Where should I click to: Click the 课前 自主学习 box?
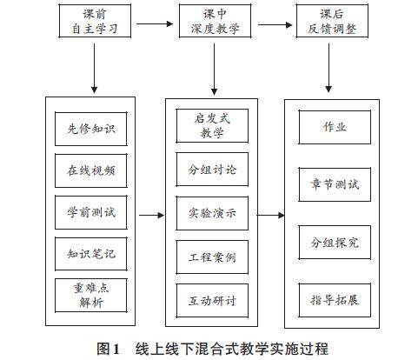pyautogui.click(x=95, y=21)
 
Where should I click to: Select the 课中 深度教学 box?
pyautogui.click(x=215, y=21)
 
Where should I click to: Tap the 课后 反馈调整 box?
pyautogui.click(x=332, y=21)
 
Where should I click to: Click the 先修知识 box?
pyautogui.click(x=91, y=129)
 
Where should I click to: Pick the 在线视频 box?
pyautogui.click(x=91, y=170)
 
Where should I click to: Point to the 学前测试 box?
pyautogui.click(x=91, y=212)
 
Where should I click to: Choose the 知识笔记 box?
pyautogui.click(x=91, y=254)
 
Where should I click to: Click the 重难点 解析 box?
pyautogui.click(x=91, y=296)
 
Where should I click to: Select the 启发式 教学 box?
pyautogui.click(x=212, y=126)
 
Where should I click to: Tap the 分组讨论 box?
pyautogui.click(x=212, y=170)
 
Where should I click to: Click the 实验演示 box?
pyautogui.click(x=212, y=213)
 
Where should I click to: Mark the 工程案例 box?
pyautogui.click(x=212, y=257)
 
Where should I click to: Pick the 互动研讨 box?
pyautogui.click(x=212, y=301)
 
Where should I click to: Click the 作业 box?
pyautogui.click(x=335, y=127)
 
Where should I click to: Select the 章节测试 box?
pyautogui.click(x=335, y=184)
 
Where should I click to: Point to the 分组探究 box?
pyautogui.click(x=335, y=243)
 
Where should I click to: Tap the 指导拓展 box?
pyautogui.click(x=335, y=300)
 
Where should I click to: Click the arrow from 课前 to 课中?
pyautogui.click(x=155, y=24)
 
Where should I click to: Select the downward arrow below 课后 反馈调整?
pyautogui.click(x=328, y=68)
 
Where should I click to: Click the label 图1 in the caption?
pyautogui.click(x=108, y=349)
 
